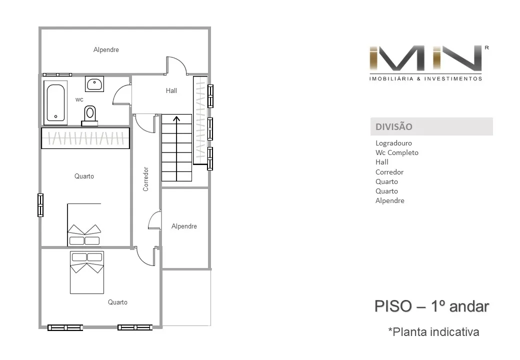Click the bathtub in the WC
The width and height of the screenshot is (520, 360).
click(55, 102)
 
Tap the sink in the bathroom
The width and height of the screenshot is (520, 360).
click(94, 84)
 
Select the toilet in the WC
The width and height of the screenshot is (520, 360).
click(89, 115)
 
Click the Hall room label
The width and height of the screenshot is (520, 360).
click(171, 90)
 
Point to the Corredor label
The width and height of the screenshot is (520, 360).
click(145, 179)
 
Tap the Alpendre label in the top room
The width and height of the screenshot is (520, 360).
click(106, 49)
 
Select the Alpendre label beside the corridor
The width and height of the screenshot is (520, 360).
click(184, 226)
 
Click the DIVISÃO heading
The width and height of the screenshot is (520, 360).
click(394, 126)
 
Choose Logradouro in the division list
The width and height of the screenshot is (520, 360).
click(393, 143)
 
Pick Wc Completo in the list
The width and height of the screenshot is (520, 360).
click(397, 153)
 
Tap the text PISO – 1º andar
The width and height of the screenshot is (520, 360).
click(432, 306)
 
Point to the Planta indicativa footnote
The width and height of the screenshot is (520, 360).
click(434, 332)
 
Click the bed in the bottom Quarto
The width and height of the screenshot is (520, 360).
click(87, 272)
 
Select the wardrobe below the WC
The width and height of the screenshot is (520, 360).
click(85, 138)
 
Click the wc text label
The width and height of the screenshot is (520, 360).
click(79, 99)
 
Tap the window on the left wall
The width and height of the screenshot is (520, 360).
click(40, 205)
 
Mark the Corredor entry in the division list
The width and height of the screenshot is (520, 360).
click(389, 172)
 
